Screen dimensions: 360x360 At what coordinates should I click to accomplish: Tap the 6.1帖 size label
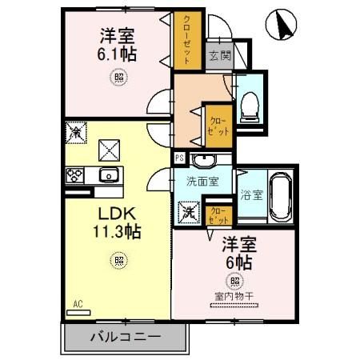(117, 54)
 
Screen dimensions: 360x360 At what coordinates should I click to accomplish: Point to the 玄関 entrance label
(218, 56)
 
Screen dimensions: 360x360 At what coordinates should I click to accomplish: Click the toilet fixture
(249, 104)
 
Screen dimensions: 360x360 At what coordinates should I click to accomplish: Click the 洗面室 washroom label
(203, 182)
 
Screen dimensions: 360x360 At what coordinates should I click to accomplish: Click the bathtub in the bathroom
(279, 196)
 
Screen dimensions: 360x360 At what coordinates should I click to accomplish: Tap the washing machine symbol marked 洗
(189, 214)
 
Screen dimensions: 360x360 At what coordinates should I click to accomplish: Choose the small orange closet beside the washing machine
(217, 214)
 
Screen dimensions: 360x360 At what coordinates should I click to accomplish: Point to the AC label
(78, 304)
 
